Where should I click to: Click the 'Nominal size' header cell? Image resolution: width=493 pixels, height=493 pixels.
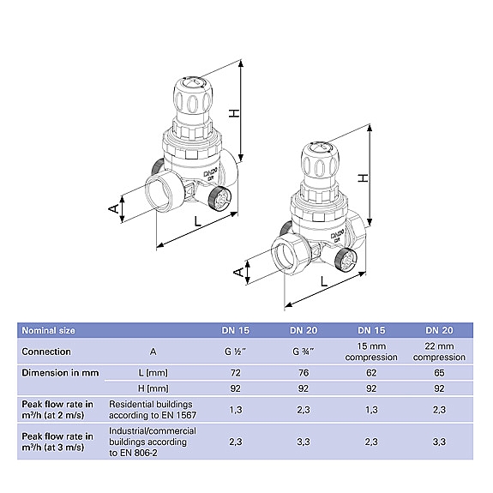coord(48,330)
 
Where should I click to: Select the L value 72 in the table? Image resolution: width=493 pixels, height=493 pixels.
coord(235,373)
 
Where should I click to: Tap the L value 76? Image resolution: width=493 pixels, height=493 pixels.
coord(304,373)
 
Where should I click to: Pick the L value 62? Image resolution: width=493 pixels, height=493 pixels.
coord(371,373)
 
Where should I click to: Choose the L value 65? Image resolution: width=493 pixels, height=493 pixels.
coord(439,373)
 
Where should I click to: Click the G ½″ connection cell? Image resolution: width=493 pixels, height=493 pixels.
coord(235,352)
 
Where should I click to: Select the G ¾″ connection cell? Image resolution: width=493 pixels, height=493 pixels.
coord(304,352)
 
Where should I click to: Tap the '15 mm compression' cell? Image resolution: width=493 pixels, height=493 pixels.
coord(371,352)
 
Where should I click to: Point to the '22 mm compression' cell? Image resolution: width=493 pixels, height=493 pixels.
coord(439,352)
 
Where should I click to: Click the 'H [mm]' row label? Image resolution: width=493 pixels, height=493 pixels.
coord(153,388)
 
